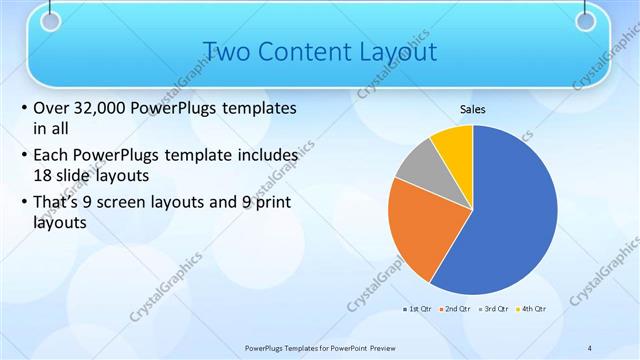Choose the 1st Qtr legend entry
pos(420,309)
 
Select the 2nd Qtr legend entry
pos(455,309)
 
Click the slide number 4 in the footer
pos(590,347)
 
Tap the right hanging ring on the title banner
pos(586,20)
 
